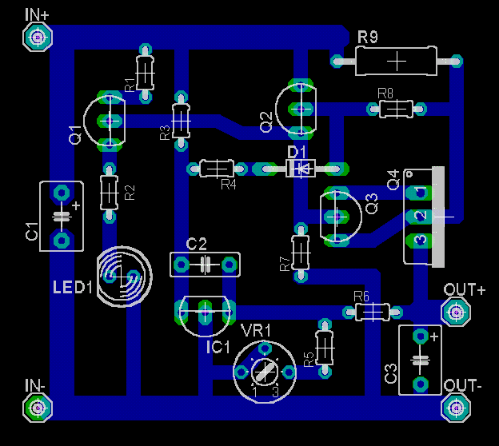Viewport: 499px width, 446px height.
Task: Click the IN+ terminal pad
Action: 38,38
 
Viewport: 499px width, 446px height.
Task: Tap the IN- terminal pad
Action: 38,408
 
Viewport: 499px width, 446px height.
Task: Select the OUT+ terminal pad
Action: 456,313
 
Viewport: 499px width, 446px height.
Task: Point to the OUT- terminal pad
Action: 456,408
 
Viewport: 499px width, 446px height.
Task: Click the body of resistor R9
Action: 396,61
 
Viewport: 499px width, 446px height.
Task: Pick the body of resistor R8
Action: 396,110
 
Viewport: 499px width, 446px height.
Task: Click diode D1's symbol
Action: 301,169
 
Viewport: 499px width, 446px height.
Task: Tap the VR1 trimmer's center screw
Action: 265,372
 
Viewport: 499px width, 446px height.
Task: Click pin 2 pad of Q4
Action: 420,217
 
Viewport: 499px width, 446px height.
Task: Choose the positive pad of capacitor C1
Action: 62,193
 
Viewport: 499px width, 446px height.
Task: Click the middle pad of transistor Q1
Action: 110,121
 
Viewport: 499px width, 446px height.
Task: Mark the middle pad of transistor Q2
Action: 301,110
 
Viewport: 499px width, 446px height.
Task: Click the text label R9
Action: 368,37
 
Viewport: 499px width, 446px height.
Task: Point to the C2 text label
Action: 197,245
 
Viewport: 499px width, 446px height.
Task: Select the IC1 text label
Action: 218,347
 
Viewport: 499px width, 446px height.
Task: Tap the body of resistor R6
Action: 373,312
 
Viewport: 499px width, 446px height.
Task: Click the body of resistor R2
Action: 109,193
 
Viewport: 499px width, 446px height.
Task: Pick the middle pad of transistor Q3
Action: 337,217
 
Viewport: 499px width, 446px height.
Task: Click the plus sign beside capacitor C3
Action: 434,336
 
